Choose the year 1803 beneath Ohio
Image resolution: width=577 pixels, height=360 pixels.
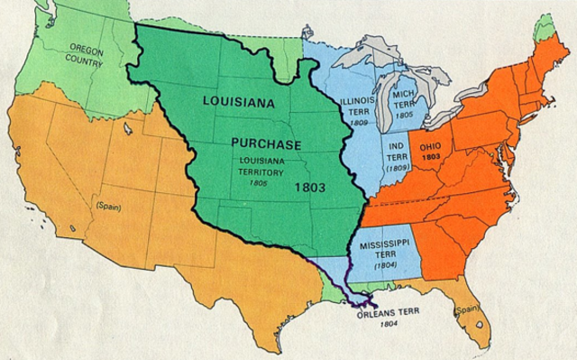(x=431, y=156)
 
